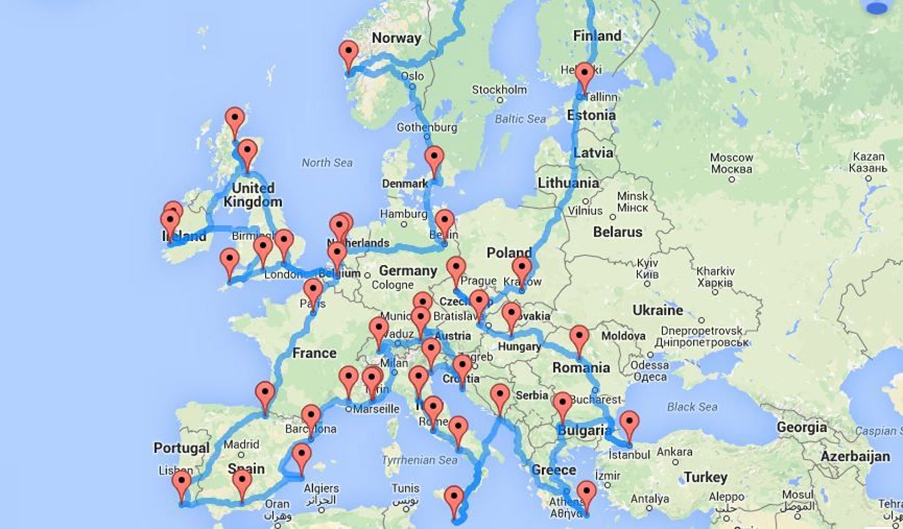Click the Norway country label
(x=396, y=38)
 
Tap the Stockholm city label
(x=499, y=89)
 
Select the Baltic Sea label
(x=520, y=119)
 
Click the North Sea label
(x=327, y=163)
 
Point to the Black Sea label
(x=692, y=407)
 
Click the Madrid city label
(x=241, y=444)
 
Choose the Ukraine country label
(x=657, y=310)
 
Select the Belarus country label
(x=617, y=232)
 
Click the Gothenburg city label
(x=427, y=127)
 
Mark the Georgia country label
(x=801, y=427)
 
